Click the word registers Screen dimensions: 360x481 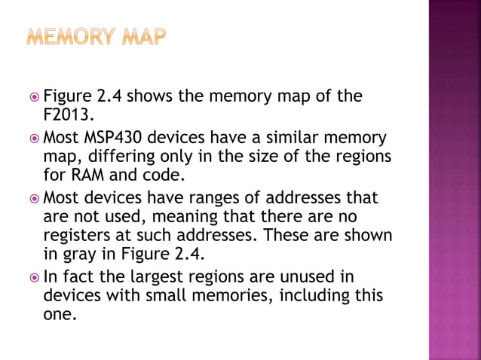coord(78,236)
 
